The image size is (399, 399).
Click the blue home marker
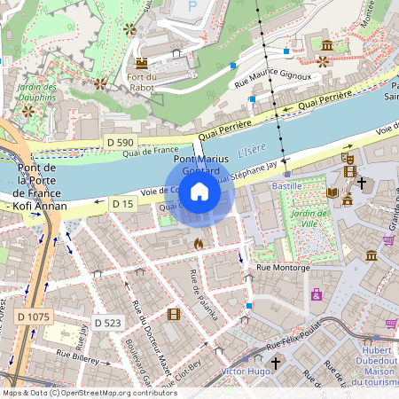tap(199, 191)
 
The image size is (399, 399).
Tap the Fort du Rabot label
tap(141, 82)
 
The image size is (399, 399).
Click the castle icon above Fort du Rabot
tap(141, 63)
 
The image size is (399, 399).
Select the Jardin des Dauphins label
tap(37, 92)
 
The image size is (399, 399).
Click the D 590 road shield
tap(119, 142)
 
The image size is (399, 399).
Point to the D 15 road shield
tap(122, 204)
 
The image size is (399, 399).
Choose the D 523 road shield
tap(106, 323)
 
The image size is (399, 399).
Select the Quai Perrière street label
tap(324, 99)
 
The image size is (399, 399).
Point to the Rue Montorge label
tap(283, 267)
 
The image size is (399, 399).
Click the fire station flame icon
tap(198, 242)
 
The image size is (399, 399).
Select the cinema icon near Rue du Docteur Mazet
tap(173, 314)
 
